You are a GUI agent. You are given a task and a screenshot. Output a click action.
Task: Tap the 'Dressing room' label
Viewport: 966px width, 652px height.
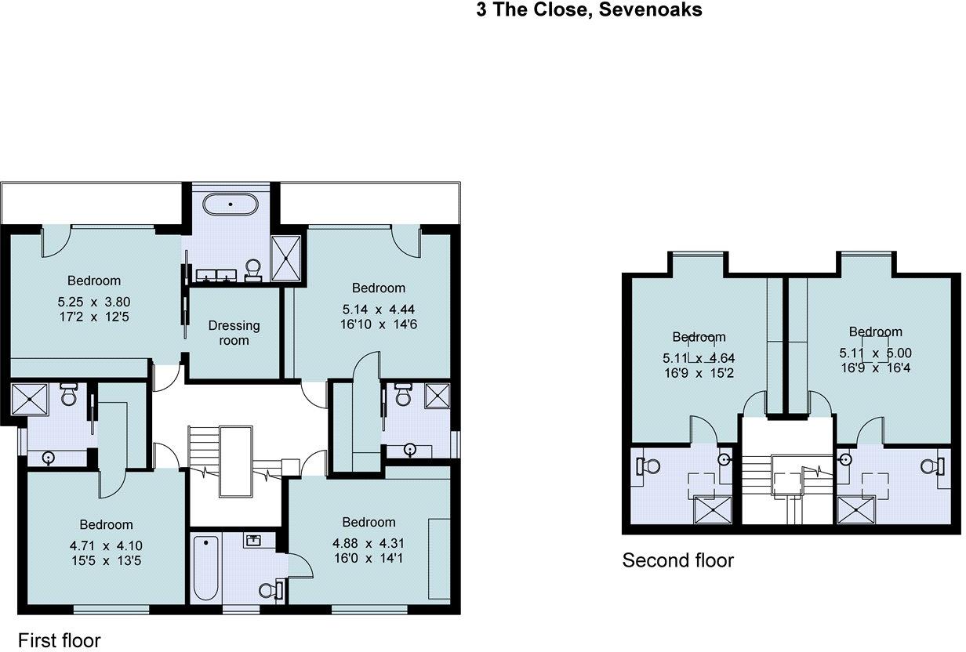pyautogui.click(x=234, y=333)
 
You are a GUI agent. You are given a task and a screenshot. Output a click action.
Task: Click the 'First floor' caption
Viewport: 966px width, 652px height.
pyautogui.click(x=59, y=640)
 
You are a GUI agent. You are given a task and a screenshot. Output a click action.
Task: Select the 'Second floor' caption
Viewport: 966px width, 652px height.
pyautogui.click(x=677, y=560)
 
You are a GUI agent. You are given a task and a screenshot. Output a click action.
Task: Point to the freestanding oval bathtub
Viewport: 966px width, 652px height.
pyautogui.click(x=231, y=205)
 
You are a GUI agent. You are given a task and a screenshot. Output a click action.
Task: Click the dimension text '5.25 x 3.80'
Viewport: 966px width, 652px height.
pyautogui.click(x=94, y=301)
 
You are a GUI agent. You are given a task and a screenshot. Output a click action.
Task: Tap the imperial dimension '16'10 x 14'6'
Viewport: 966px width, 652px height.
pyautogui.click(x=379, y=324)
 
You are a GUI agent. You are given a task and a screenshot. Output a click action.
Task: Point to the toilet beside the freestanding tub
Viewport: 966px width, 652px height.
pyautogui.click(x=253, y=270)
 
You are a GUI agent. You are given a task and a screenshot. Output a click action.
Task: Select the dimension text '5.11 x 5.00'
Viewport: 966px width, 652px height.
pyautogui.click(x=875, y=353)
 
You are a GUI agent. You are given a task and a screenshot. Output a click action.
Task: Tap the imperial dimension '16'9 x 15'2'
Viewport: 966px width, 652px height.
pyautogui.click(x=699, y=373)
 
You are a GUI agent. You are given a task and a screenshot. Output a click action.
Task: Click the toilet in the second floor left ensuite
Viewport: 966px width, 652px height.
pyautogui.click(x=648, y=466)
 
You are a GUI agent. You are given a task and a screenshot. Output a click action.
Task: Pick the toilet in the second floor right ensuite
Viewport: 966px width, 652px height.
pyautogui.click(x=931, y=466)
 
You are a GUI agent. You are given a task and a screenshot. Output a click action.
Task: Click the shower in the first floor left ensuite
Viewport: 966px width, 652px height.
pyautogui.click(x=31, y=399)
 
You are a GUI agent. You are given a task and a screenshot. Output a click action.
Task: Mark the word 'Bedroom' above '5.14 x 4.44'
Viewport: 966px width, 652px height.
pyautogui.click(x=379, y=288)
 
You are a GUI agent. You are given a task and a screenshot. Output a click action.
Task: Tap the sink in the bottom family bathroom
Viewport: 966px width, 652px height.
pyautogui.click(x=253, y=540)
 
